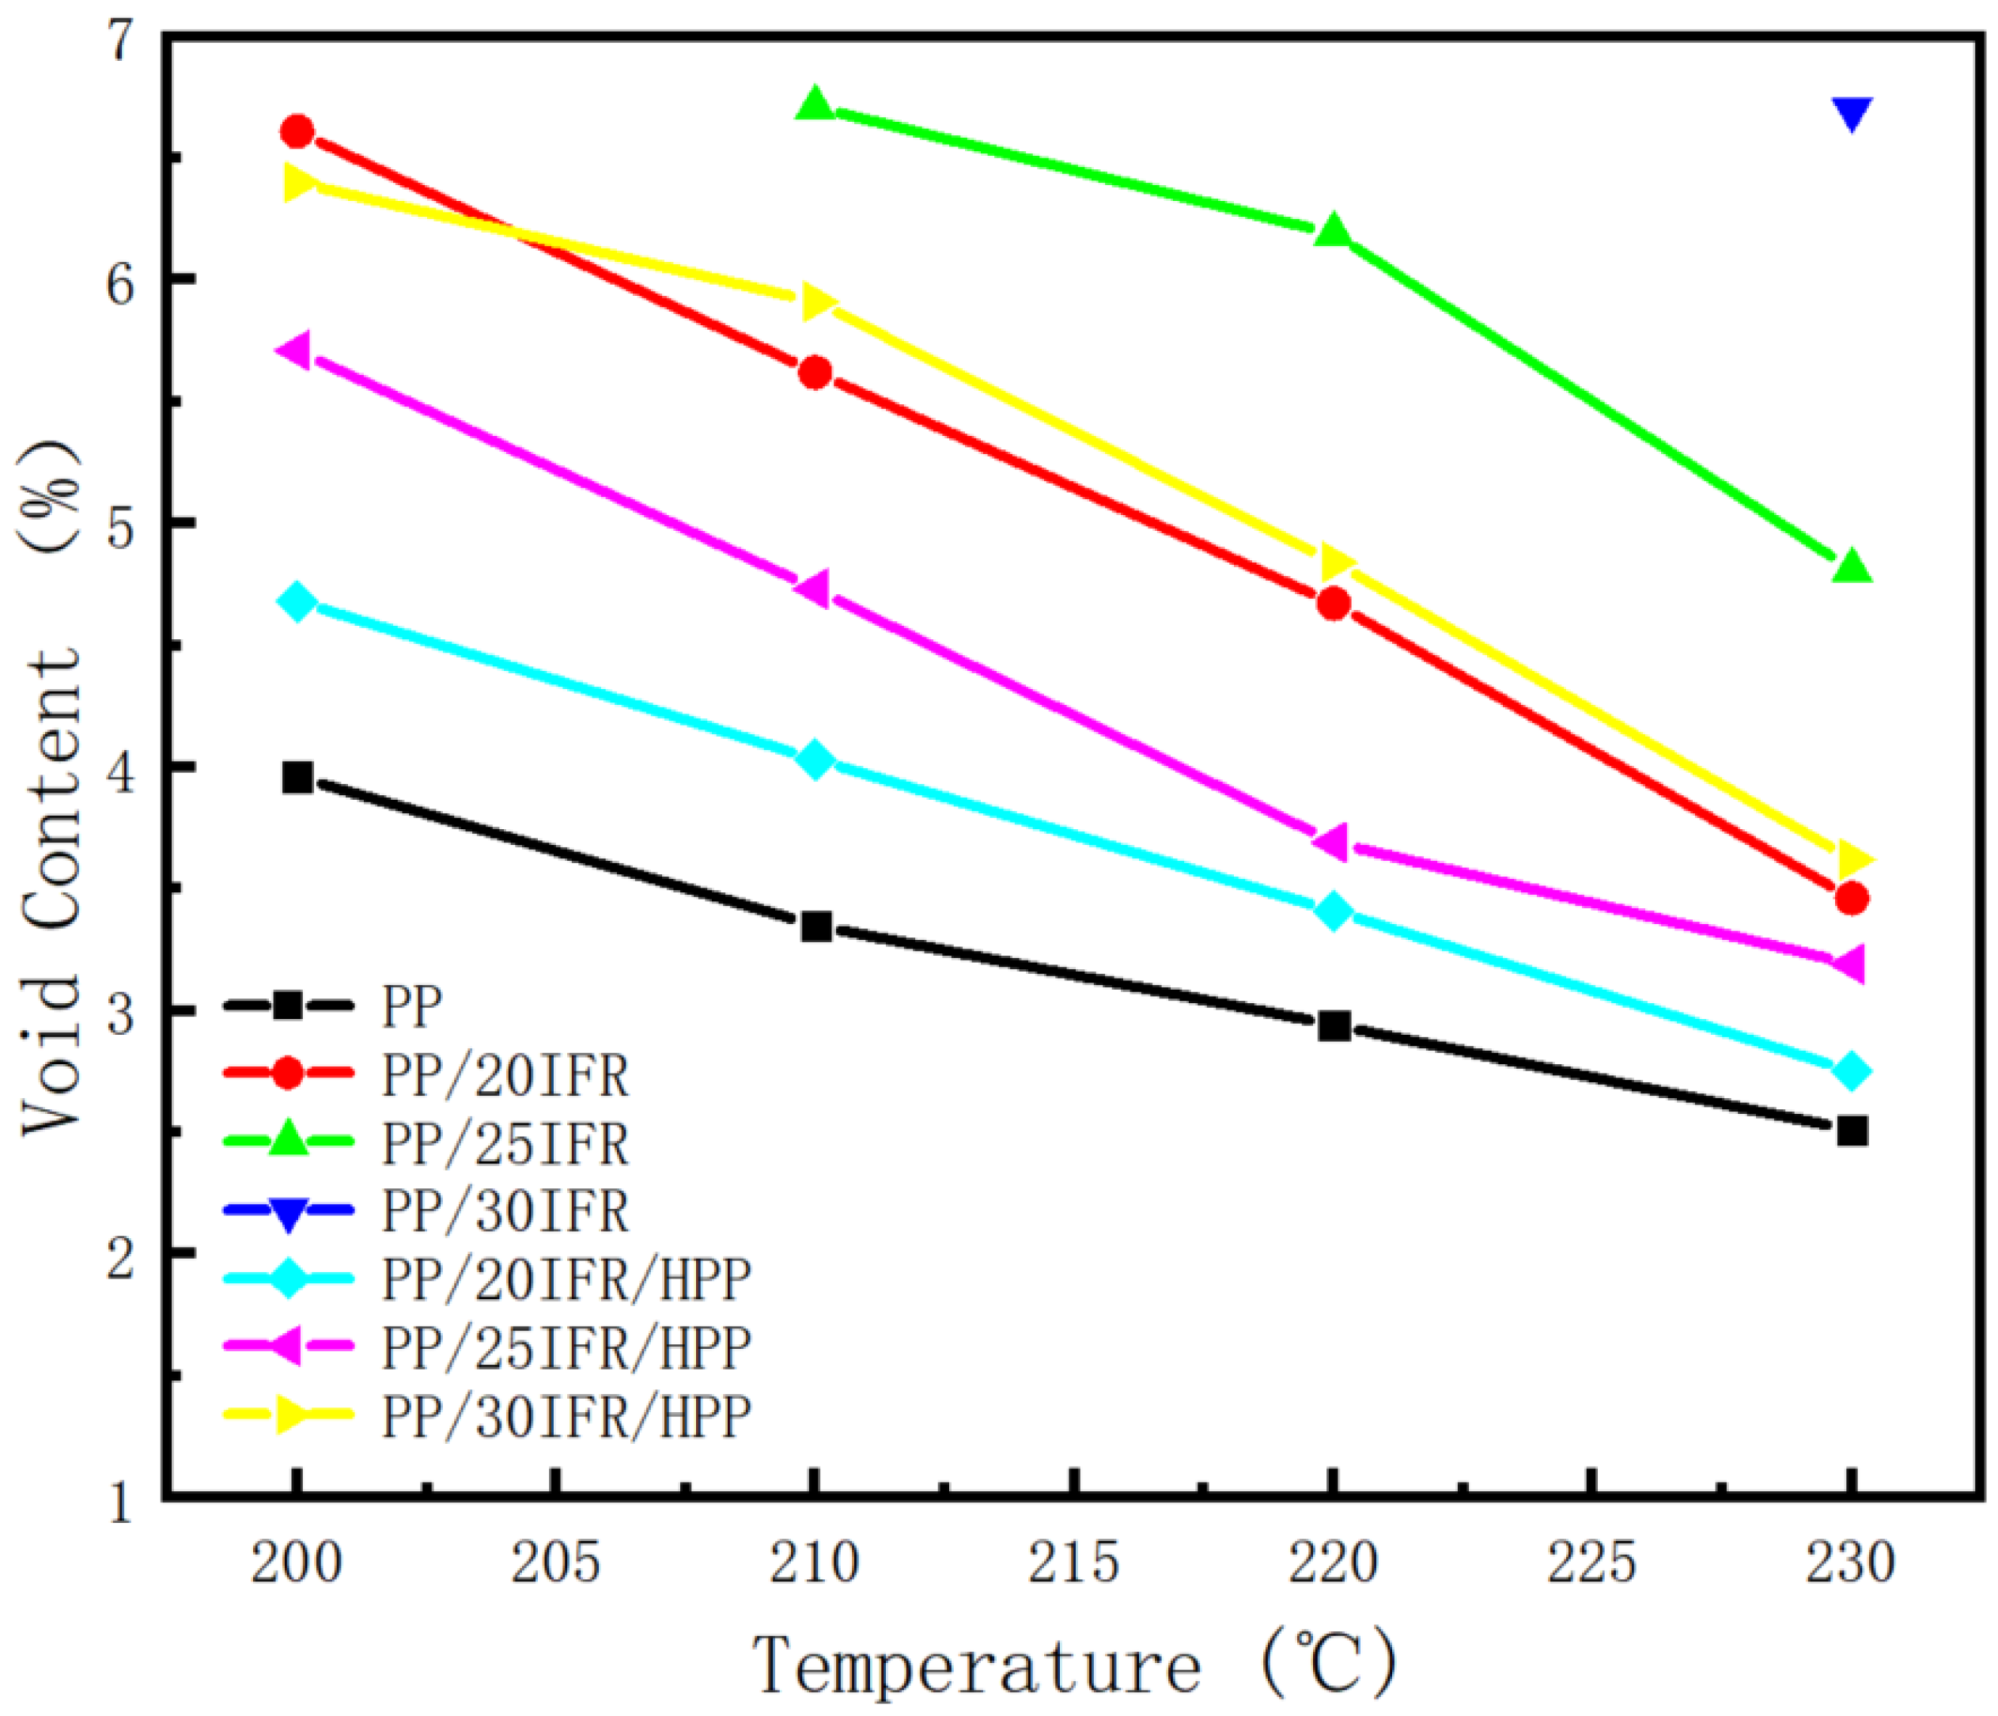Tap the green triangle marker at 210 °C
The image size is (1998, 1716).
click(x=815, y=103)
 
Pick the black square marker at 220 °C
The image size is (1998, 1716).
click(x=1334, y=1025)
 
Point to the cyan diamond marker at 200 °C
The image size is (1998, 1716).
click(x=297, y=602)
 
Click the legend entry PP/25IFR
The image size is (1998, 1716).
click(x=505, y=1143)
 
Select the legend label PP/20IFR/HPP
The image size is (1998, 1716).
click(x=566, y=1280)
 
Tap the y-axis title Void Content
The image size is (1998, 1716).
click(x=53, y=786)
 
